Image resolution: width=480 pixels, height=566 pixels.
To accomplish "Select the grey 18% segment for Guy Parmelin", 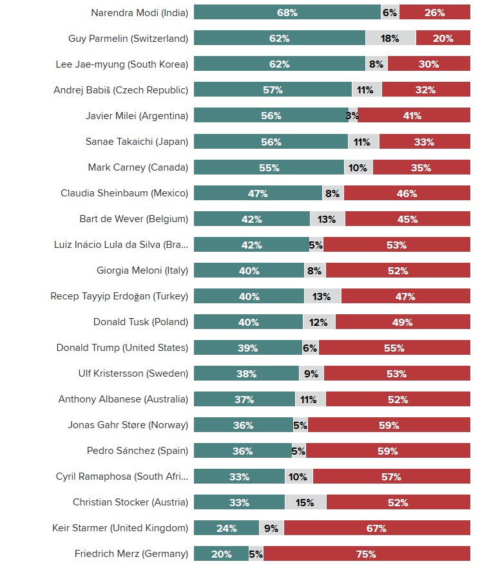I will (x=390, y=38).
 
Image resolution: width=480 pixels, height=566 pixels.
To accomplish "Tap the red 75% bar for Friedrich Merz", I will (x=367, y=554).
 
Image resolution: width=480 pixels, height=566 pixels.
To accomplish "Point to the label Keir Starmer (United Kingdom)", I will (x=120, y=528).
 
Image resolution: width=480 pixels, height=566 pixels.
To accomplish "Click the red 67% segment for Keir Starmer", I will (x=377, y=528).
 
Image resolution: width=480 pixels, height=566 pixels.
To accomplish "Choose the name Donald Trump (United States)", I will (x=122, y=348).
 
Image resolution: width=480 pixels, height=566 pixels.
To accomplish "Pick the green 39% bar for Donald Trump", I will (x=247, y=348).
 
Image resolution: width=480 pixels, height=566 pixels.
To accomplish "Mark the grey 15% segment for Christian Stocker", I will (x=305, y=502).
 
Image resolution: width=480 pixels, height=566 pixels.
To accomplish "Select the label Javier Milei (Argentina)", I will (x=137, y=116).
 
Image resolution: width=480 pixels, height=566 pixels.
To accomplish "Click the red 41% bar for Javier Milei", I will (x=414, y=116).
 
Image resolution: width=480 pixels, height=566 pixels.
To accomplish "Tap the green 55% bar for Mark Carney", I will (x=269, y=167).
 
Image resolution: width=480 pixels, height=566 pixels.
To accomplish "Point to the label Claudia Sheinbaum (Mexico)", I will (x=124, y=193).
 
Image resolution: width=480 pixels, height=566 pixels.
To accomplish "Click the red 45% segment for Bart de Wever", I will (x=408, y=219).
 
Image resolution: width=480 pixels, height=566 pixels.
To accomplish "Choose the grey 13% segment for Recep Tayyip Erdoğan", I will (x=323, y=296).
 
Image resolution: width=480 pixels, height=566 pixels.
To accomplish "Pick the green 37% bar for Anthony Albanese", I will (x=244, y=399).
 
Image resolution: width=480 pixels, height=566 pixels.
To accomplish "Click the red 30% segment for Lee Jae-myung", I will (x=429, y=64).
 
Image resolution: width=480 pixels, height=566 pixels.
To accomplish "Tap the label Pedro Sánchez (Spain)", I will (x=137, y=451).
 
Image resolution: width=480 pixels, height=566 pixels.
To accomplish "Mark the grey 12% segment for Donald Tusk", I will (x=319, y=322).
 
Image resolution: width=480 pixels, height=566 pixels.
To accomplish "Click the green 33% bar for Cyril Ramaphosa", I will (x=239, y=476).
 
